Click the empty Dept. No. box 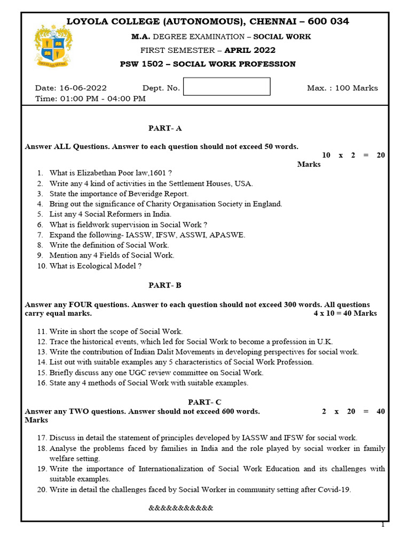[x=227, y=87]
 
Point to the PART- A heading [x=165, y=128]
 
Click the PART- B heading [x=165, y=285]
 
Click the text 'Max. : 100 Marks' [x=342, y=88]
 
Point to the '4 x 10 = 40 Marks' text [x=345, y=314]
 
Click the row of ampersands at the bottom [x=180, y=508]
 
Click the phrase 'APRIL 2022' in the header [x=250, y=51]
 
